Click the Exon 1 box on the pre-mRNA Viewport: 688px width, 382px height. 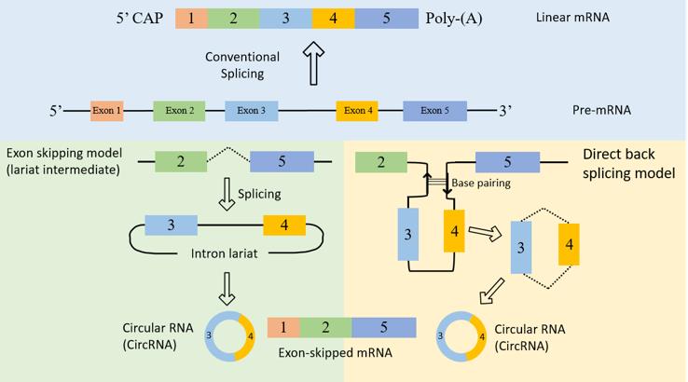(x=107, y=111)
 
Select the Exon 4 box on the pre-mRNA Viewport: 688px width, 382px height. (x=357, y=111)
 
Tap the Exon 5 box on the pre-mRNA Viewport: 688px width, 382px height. (x=434, y=111)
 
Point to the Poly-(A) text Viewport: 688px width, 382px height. (x=454, y=19)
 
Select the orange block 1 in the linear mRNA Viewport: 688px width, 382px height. (x=190, y=19)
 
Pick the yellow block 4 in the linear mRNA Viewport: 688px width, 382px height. (x=333, y=19)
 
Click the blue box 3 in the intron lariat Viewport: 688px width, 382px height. (x=172, y=225)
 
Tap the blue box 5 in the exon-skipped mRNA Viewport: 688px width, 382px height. (x=384, y=328)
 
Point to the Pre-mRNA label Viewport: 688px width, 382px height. (x=600, y=110)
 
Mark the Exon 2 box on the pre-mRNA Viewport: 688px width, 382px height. (x=180, y=111)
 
